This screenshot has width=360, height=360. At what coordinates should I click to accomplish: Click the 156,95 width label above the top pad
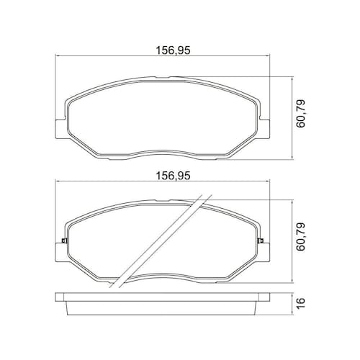pyautogui.click(x=173, y=50)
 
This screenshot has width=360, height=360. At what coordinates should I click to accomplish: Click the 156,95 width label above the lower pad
pyautogui.click(x=173, y=176)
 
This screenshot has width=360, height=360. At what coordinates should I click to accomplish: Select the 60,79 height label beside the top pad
pyautogui.click(x=300, y=114)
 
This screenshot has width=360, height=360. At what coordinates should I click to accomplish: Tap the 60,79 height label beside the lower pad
pyautogui.click(x=300, y=237)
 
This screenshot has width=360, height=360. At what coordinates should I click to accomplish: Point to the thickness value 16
pyautogui.click(x=300, y=303)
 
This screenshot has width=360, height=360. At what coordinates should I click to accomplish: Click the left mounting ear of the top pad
pyautogui.click(x=60, y=129)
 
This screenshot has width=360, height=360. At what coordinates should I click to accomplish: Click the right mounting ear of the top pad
pyautogui.click(x=265, y=129)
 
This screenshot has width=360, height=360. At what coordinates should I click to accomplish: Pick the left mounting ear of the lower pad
pyautogui.click(x=60, y=252)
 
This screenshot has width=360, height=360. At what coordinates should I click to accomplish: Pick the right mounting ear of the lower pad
pyautogui.click(x=265, y=252)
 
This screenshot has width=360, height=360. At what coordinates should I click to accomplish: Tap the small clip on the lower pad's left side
pyautogui.click(x=64, y=240)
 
